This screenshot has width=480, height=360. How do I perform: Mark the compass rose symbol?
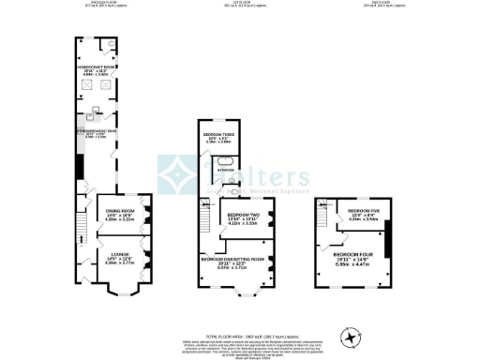point(351,335)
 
